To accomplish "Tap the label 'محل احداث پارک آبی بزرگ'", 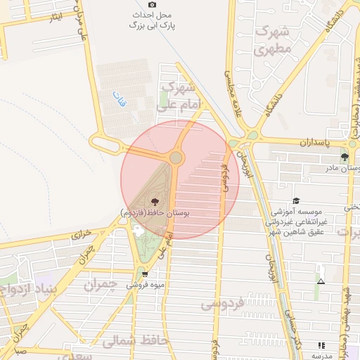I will click(153, 20).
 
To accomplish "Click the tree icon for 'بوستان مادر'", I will click(345, 157).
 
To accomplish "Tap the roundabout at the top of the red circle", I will click(176, 157).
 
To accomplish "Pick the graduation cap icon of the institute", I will click(296, 200).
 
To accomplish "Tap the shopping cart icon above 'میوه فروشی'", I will click(145, 274).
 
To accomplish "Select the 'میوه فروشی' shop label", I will click(145, 285).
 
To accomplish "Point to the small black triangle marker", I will click(321, 281).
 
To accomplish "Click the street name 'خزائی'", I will click(82, 238).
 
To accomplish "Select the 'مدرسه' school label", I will click(321, 356).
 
